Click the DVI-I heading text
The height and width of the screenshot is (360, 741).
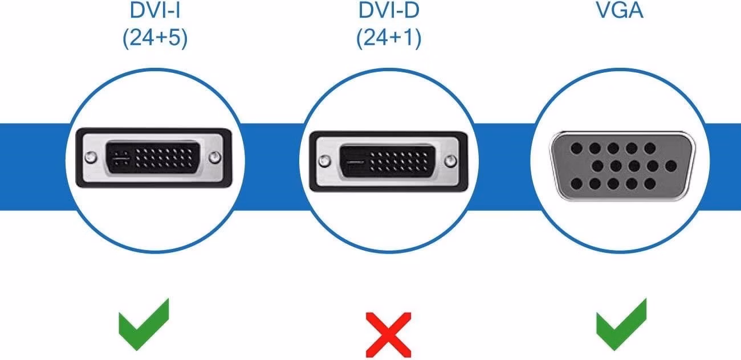[155, 10]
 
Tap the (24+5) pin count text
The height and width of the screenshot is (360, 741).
[155, 38]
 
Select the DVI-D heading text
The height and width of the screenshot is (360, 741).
[389, 10]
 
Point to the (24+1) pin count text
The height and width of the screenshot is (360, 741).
[389, 38]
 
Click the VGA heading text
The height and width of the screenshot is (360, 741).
[620, 10]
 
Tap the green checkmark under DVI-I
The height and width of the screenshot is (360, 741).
[144, 324]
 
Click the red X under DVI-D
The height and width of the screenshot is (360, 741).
[388, 335]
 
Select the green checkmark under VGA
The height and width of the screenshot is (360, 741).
[621, 324]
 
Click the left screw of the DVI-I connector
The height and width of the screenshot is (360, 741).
[91, 157]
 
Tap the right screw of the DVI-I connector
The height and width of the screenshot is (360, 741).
[215, 157]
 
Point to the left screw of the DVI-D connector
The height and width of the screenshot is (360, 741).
[324, 161]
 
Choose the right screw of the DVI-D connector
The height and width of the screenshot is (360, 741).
[450, 161]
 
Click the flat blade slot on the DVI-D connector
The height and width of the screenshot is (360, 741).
[354, 162]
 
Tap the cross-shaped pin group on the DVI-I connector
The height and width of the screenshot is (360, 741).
[121, 159]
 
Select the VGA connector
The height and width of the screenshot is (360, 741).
[622, 166]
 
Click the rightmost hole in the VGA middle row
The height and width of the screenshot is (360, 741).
[670, 166]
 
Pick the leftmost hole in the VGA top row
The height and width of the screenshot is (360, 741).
[577, 148]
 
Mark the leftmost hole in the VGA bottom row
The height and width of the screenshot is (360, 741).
[577, 184]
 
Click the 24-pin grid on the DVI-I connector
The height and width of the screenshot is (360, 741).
[164, 158]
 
